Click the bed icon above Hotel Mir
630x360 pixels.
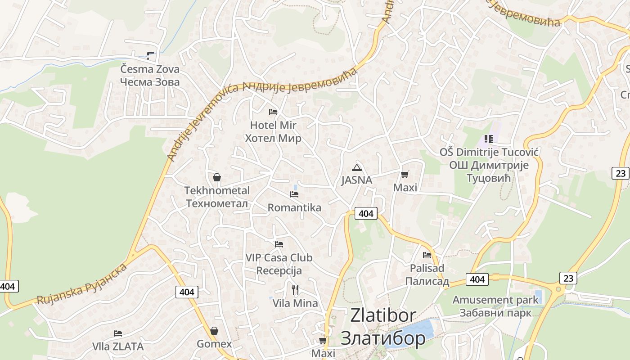(273, 112)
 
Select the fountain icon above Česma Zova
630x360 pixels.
(150, 56)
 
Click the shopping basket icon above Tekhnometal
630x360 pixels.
(217, 177)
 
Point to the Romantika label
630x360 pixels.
(294, 207)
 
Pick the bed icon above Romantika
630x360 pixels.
(294, 194)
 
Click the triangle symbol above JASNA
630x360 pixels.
(357, 168)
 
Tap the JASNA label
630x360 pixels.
(357, 180)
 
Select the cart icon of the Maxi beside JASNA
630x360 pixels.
(405, 175)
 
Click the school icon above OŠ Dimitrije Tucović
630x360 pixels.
(489, 139)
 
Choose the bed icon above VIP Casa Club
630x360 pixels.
(279, 244)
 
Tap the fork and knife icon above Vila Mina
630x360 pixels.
(295, 289)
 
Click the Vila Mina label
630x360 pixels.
(295, 303)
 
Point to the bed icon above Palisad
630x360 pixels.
(427, 255)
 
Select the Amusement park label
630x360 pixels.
(495, 300)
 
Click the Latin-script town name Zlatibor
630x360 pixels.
(383, 315)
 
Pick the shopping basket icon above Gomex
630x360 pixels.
(214, 331)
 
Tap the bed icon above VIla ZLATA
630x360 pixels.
(118, 333)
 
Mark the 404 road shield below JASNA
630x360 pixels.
(366, 213)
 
